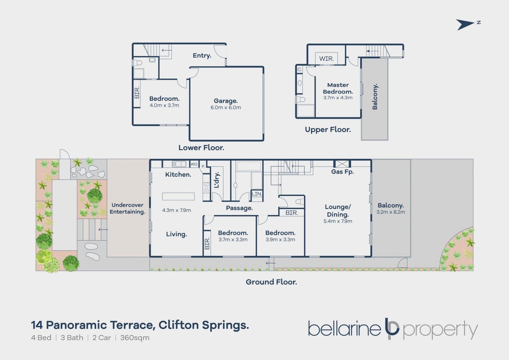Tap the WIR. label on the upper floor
coord(326,59)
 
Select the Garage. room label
coord(226,101)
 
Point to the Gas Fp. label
coord(342,172)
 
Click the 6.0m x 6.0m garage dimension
coord(226,107)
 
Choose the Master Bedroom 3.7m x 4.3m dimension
coord(338,98)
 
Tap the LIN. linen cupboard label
coord(257,194)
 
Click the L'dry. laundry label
coord(217,180)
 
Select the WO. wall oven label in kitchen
coord(194,164)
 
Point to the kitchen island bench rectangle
coord(178,196)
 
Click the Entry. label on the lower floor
coord(202,55)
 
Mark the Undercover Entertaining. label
coord(127,208)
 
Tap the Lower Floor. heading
coord(201,148)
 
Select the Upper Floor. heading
coord(328,129)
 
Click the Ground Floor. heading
coord(271,282)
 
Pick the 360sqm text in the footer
coord(135,338)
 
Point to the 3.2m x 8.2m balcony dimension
coord(390,212)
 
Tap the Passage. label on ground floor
coord(239,208)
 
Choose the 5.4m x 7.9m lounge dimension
coord(338,221)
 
